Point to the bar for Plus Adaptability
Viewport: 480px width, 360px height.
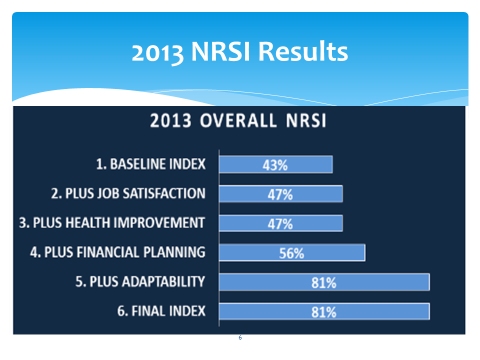[x=323, y=282]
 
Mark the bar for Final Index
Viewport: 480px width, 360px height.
[x=323, y=311]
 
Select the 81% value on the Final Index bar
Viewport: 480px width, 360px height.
[x=323, y=311]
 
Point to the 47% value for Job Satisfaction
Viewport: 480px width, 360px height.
[x=280, y=194]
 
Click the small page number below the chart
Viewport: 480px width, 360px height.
[x=240, y=337]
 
